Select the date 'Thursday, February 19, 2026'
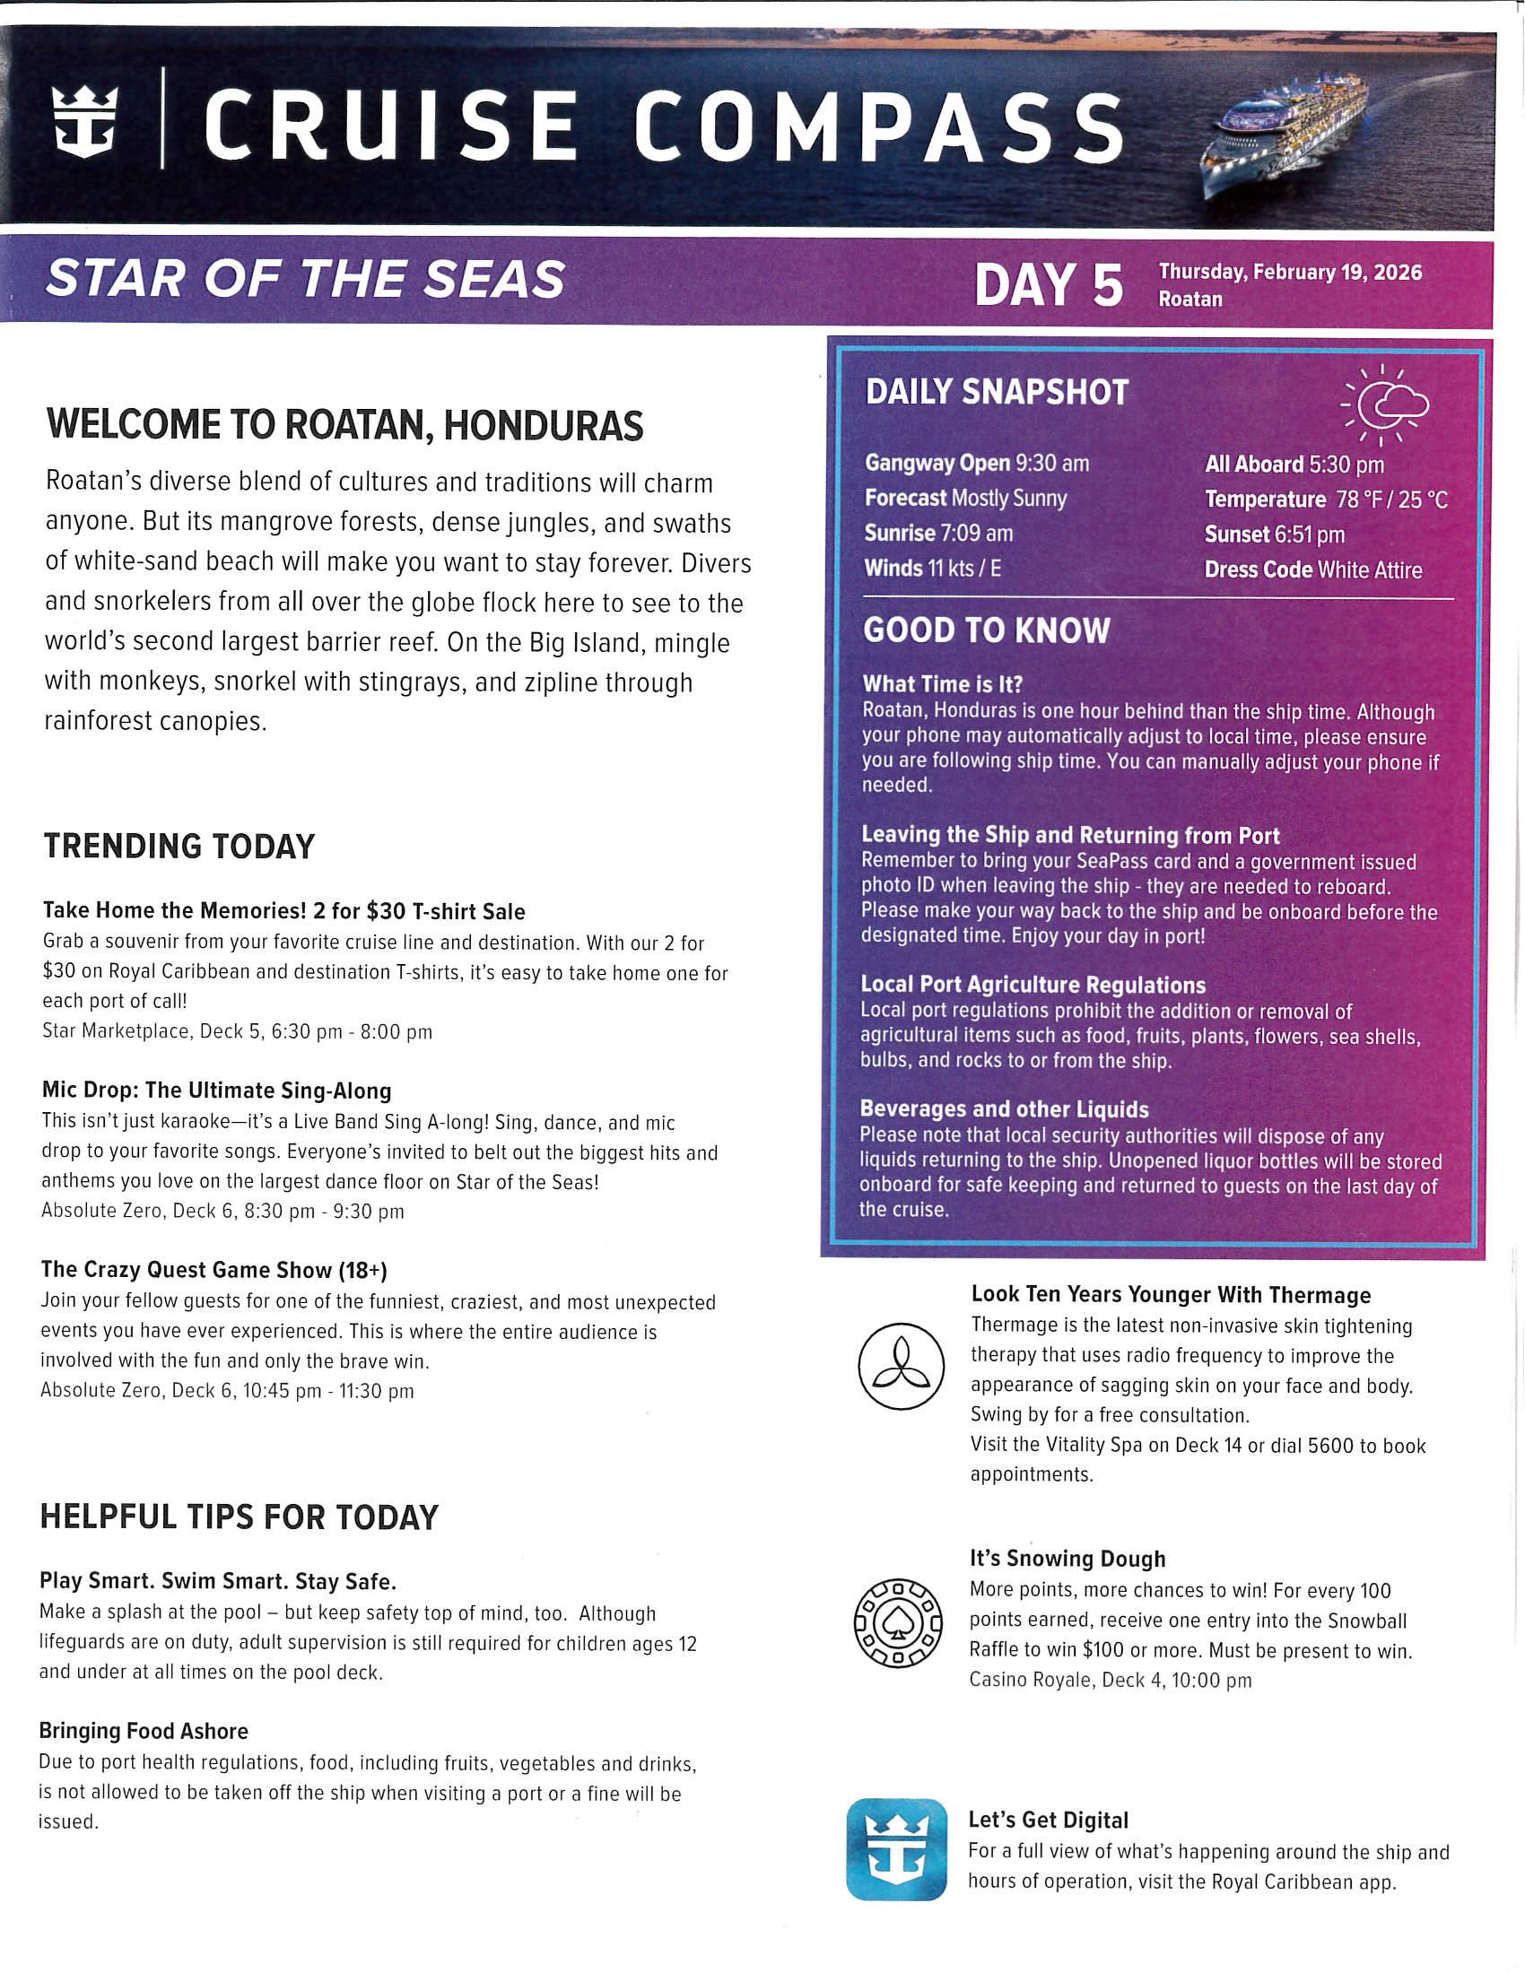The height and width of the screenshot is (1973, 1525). [x=1289, y=272]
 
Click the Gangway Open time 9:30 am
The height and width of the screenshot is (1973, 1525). [x=1051, y=464]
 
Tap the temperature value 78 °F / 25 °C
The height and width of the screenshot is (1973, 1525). [x=1391, y=500]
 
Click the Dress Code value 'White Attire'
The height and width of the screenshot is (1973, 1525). [x=1369, y=570]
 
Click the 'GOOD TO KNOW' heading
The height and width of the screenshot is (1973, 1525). [x=986, y=630]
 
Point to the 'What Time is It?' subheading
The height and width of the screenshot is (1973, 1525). [x=942, y=684]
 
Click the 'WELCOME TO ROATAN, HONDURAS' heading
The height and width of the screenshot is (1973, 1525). [x=344, y=425]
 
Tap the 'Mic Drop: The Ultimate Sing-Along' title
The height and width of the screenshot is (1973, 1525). [x=217, y=1091]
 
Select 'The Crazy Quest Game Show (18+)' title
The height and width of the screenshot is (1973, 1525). [x=214, y=1269]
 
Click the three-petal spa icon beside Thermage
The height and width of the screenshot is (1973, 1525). [x=901, y=1367]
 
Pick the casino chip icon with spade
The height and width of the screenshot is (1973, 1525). [x=898, y=1623]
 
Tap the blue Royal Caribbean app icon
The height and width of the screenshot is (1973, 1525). [x=896, y=1849]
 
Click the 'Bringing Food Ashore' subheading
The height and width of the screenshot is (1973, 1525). [x=144, y=1731]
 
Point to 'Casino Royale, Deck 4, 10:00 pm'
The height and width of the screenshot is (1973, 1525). [x=1111, y=1681]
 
